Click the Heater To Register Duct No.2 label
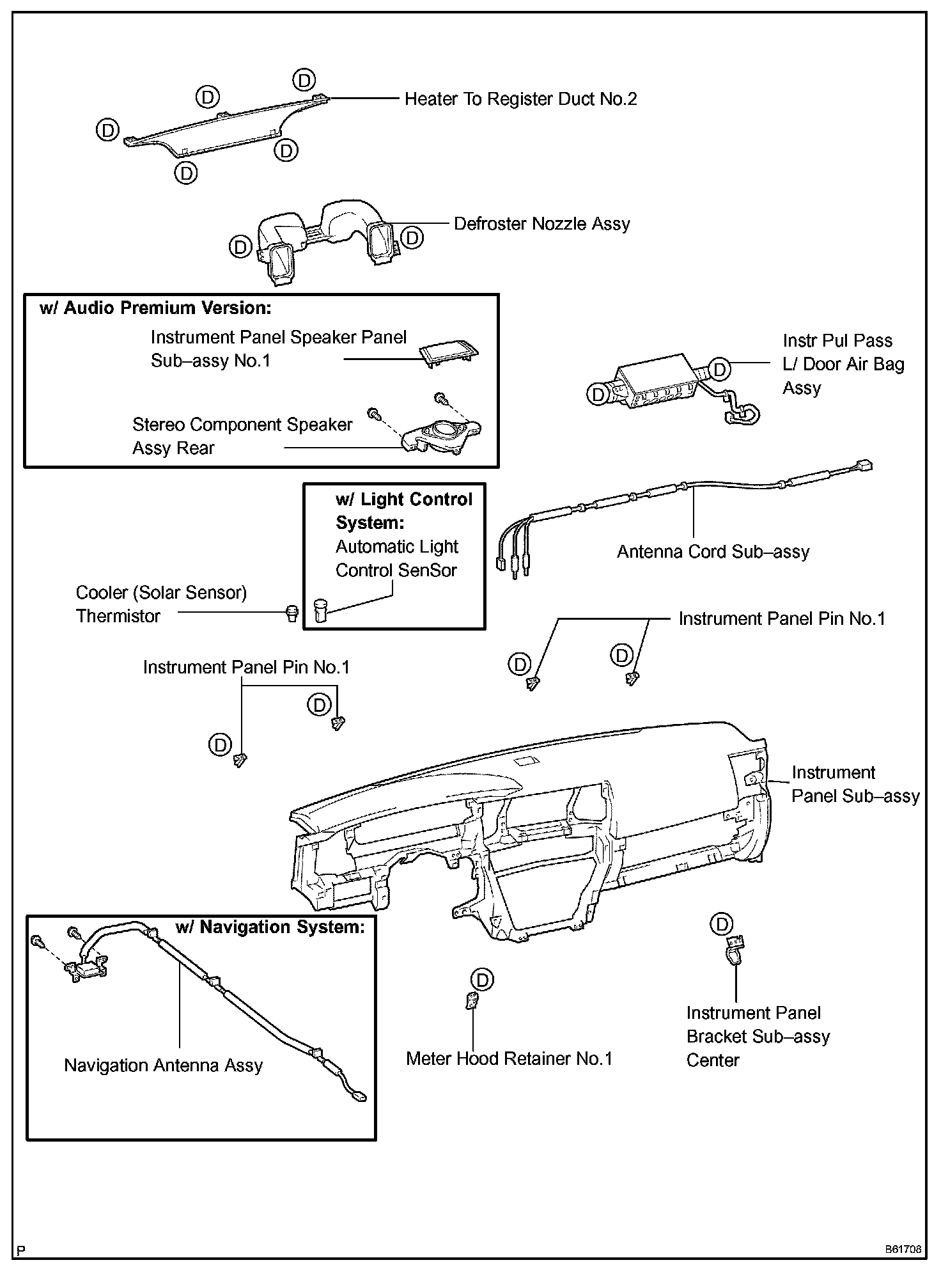pyautogui.click(x=520, y=99)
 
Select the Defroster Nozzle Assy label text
pyautogui.click(x=541, y=224)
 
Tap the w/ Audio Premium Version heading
pyautogui.click(x=155, y=308)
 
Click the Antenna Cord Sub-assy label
pyautogui.click(x=713, y=552)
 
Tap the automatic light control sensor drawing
pyautogui.click(x=320, y=610)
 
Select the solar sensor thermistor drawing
pyautogui.click(x=292, y=613)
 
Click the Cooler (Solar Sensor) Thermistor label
pyautogui.click(x=160, y=604)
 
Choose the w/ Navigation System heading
pyautogui.click(x=270, y=927)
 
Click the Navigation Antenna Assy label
pyautogui.click(x=164, y=1066)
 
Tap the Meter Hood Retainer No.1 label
pyautogui.click(x=509, y=1059)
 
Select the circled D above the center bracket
pyautogui.click(x=722, y=924)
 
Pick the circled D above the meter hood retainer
pyautogui.click(x=481, y=980)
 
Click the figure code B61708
pyautogui.click(x=903, y=1249)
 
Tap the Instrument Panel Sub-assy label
pyautogui.click(x=855, y=784)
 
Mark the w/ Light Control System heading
pyautogui.click(x=403, y=511)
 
